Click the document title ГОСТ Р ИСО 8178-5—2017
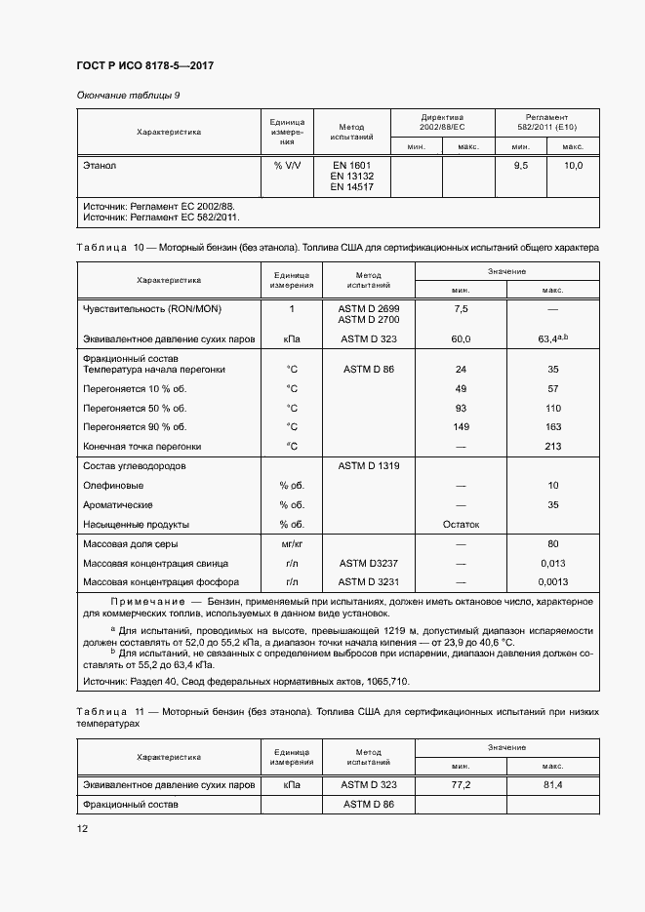(144, 65)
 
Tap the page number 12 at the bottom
(82, 828)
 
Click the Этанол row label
(101, 166)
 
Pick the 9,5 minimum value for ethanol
(520, 166)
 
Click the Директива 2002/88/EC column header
(442, 122)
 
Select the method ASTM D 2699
(362, 308)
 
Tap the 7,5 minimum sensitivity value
(462, 308)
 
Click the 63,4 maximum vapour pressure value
(551, 338)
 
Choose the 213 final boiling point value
(552, 446)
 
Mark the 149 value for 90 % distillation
(462, 426)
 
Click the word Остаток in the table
(462, 524)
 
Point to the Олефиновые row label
(114, 485)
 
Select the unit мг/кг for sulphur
(291, 543)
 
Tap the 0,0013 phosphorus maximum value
(552, 581)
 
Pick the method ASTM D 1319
(362, 465)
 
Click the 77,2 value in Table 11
(462, 784)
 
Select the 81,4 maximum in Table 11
(552, 784)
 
